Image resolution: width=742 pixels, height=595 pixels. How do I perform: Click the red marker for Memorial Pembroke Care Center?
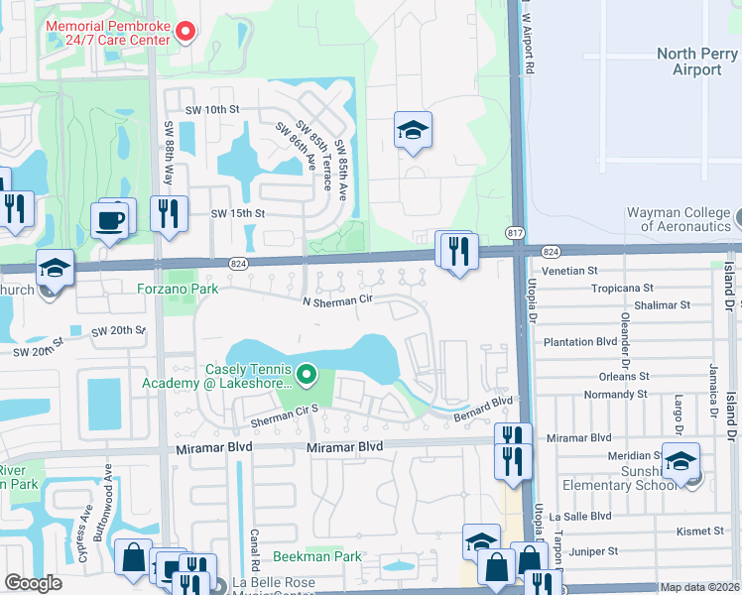tap(185, 33)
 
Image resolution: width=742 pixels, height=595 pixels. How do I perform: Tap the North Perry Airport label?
tap(695, 61)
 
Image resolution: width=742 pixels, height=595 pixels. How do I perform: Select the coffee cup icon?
tap(110, 219)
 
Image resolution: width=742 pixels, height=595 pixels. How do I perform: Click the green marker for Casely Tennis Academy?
tap(307, 375)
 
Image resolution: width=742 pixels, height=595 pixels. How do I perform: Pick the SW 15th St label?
tap(237, 213)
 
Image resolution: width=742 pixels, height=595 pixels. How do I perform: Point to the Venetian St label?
tap(570, 270)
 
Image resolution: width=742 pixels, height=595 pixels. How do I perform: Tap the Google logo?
tap(33, 583)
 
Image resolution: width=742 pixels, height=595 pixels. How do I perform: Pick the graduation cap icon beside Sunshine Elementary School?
tap(680, 461)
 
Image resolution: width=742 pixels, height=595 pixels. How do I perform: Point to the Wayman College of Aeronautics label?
tap(679, 220)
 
